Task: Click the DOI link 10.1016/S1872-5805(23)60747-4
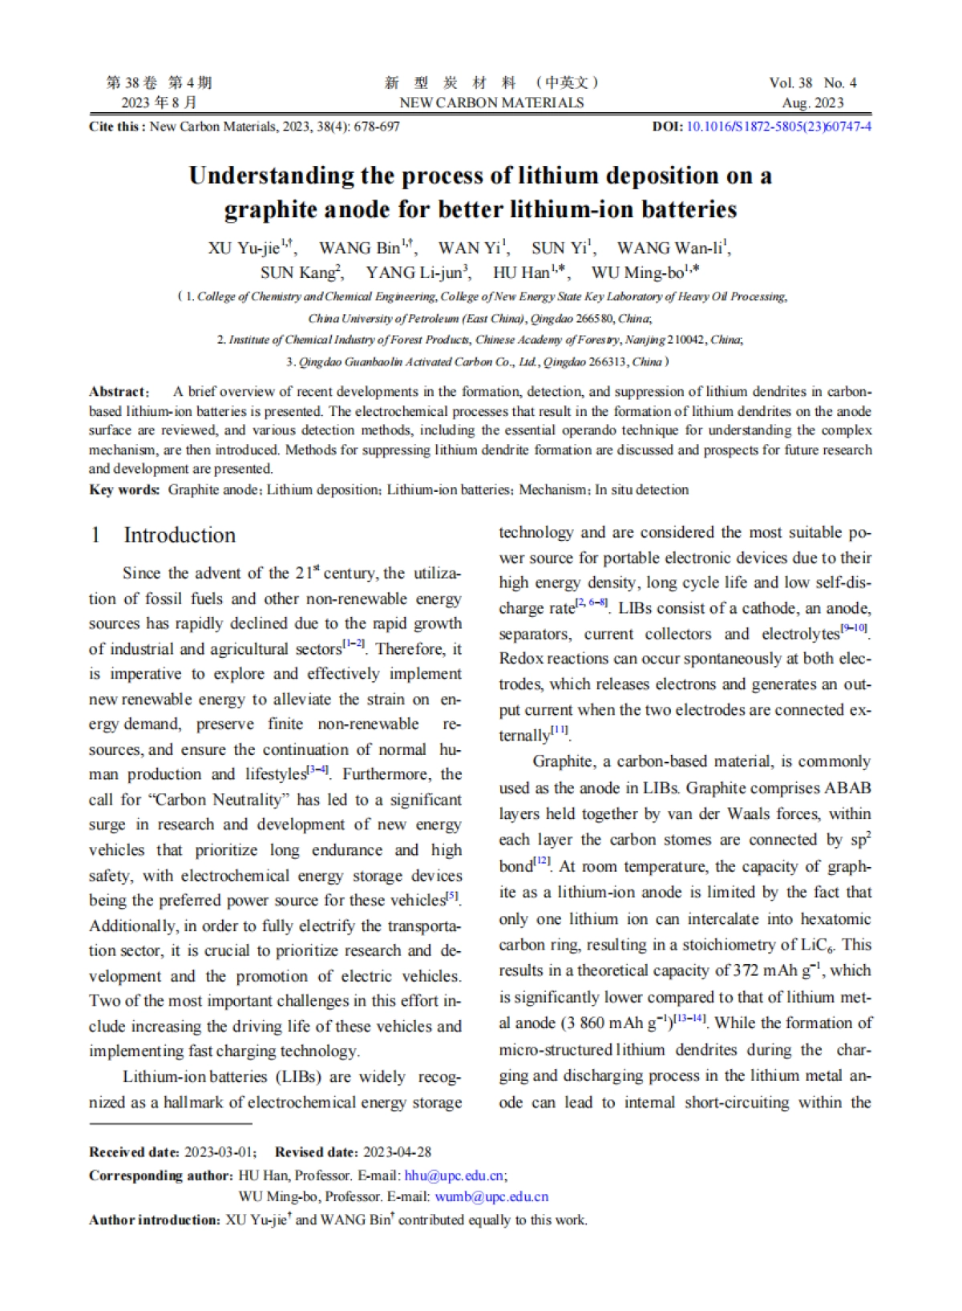pos(778,127)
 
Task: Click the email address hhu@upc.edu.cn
pos(455,1176)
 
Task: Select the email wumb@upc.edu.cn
pos(491,1196)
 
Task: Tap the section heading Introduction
pos(180,535)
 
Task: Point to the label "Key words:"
pos(124,490)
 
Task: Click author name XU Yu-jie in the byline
pos(244,248)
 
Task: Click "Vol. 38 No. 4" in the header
pos(813,83)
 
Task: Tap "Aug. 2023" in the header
pos(813,103)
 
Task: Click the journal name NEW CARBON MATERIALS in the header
pos(491,103)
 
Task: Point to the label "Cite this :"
pos(117,127)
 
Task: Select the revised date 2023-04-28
pos(397,1152)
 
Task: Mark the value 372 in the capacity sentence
pos(746,970)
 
